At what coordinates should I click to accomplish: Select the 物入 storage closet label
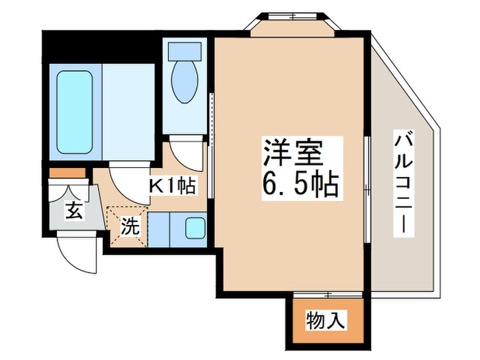(x=325, y=319)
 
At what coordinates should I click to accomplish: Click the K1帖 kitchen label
(x=172, y=184)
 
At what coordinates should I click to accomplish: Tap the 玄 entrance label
(x=74, y=211)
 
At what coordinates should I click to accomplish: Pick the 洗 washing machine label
(x=130, y=226)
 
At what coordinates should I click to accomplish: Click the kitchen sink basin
(x=195, y=228)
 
